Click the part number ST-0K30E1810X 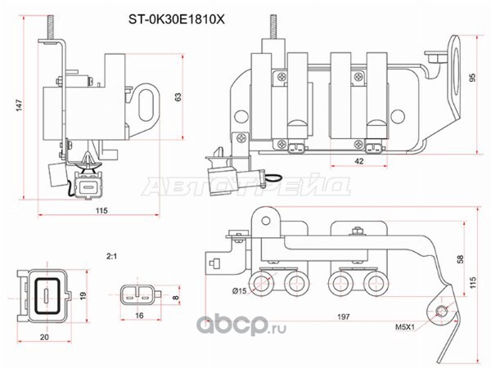[176, 20]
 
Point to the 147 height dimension [19, 105]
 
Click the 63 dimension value [178, 97]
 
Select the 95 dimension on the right [472, 78]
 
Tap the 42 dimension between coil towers [359, 161]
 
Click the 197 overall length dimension [343, 316]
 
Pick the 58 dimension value [460, 259]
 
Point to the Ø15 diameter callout [239, 291]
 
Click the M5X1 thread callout [404, 327]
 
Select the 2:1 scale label [111, 257]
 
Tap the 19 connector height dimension [83, 296]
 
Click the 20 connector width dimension [44, 337]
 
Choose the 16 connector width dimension [139, 316]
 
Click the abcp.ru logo [241, 326]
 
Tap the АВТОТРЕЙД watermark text [246, 186]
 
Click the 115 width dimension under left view [101, 210]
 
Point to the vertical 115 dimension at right [472, 282]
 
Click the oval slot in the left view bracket [146, 105]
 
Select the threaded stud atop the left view [51, 27]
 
